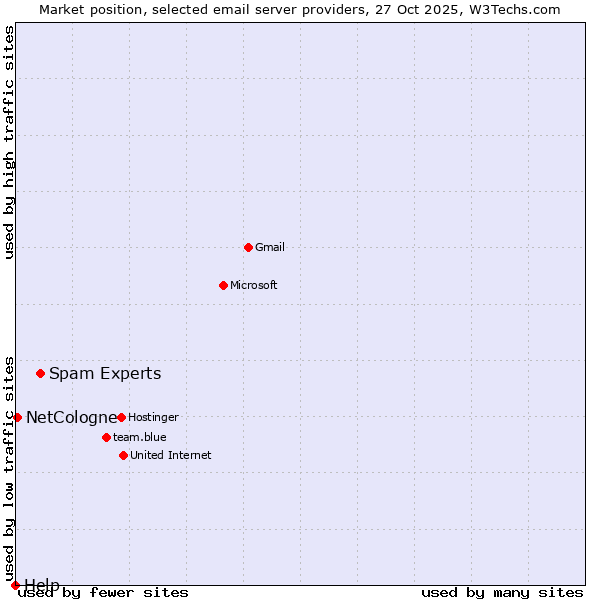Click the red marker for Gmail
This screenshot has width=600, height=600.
click(x=248, y=247)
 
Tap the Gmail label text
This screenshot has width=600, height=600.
click(x=270, y=248)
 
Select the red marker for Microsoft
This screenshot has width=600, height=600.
click(x=223, y=285)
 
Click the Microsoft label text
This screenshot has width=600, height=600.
click(x=254, y=286)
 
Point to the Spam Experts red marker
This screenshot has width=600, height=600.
click(x=40, y=374)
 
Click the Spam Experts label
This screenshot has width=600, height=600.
click(x=105, y=374)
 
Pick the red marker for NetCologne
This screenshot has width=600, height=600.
click(x=17, y=417)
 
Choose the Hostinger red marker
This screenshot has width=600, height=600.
click(x=121, y=417)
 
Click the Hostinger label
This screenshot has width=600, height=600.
click(x=153, y=418)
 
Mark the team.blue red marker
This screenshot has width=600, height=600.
click(x=106, y=437)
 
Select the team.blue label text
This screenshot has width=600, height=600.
click(x=140, y=438)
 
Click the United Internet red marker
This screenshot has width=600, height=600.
click(x=123, y=455)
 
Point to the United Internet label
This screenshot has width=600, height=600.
click(x=171, y=456)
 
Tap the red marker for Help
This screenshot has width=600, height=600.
click(x=15, y=585)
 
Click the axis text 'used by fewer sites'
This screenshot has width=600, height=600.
click(x=104, y=593)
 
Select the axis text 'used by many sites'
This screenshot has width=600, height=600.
click(x=502, y=593)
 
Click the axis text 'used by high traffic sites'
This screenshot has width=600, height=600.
click(x=10, y=142)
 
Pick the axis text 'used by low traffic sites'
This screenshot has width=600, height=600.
click(x=10, y=468)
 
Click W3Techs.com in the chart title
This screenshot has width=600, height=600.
click(x=511, y=10)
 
